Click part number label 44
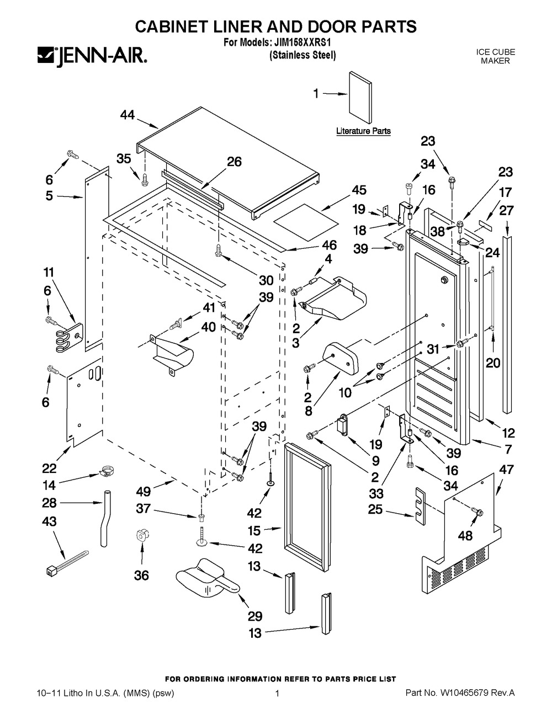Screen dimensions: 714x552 [128, 115]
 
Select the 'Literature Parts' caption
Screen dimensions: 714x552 [363, 131]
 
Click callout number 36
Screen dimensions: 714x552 [142, 576]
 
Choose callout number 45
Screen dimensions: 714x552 [359, 190]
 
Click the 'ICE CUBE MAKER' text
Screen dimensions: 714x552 [495, 56]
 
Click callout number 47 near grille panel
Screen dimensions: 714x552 [506, 470]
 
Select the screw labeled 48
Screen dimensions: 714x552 [476, 513]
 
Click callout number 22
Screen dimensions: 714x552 [49, 469]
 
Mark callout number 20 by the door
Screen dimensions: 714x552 [492, 363]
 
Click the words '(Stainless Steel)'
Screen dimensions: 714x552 [302, 55]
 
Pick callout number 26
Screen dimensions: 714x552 [235, 162]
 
